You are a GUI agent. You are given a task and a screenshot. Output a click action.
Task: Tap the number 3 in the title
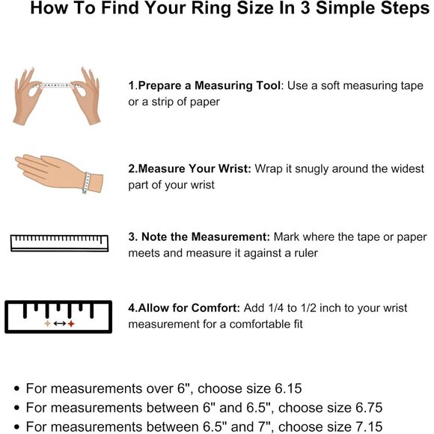click(305, 7)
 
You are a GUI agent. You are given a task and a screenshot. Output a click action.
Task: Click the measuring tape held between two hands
click(57, 85)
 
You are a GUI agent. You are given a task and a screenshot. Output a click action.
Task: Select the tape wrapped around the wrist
click(87, 183)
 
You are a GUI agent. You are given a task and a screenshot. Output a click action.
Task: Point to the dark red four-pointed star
click(71, 323)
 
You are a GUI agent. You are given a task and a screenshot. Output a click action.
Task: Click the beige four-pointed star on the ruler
click(48, 323)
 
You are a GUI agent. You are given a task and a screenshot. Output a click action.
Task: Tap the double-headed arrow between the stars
click(60, 323)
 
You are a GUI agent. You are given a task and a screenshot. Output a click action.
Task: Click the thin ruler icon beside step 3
click(60, 243)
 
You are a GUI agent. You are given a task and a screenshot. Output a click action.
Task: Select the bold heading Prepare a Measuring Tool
click(210, 85)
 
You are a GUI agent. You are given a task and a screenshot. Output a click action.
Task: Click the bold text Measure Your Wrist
click(195, 168)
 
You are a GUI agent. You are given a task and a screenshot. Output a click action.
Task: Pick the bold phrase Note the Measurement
click(206, 237)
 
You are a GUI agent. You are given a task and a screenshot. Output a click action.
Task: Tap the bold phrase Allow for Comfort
click(189, 308)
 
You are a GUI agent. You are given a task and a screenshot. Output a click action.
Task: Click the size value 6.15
click(288, 388)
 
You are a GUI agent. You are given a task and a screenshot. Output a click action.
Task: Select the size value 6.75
click(369, 408)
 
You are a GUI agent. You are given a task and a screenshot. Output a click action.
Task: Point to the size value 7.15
click(369, 427)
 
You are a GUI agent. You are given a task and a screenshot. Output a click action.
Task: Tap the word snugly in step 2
click(312, 169)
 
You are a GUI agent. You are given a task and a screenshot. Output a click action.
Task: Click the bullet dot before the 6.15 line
click(17, 389)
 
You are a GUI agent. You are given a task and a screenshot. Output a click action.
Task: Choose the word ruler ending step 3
click(305, 253)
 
